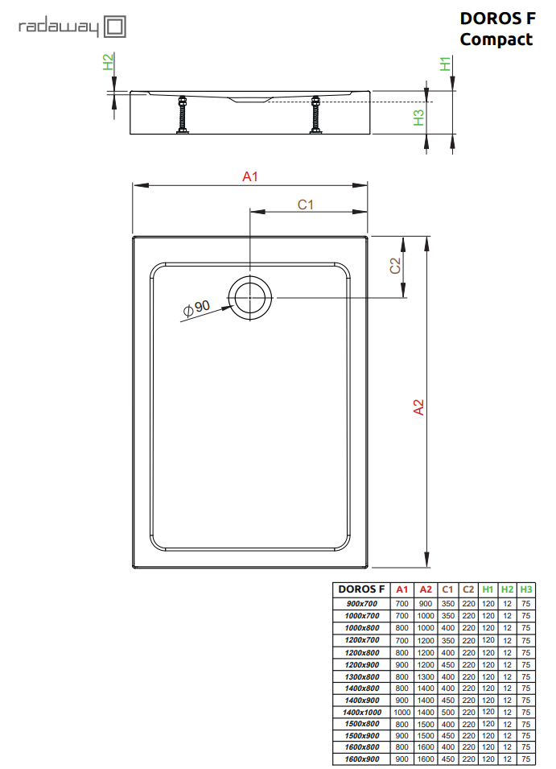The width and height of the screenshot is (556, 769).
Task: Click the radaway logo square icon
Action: click(x=115, y=27)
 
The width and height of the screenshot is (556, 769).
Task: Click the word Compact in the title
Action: click(x=496, y=39)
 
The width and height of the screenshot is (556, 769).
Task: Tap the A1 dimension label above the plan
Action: click(x=249, y=176)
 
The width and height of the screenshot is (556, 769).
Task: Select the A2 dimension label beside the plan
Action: click(x=418, y=407)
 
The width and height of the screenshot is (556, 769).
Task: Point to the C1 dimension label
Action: click(x=305, y=205)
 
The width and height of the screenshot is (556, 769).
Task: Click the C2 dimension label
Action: click(x=395, y=266)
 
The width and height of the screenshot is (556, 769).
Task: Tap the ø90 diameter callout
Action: click(x=196, y=308)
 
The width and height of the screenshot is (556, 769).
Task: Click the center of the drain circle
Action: click(x=249, y=298)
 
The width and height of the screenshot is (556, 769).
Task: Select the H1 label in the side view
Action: click(x=445, y=64)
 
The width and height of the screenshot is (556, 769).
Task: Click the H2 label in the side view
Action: click(x=108, y=62)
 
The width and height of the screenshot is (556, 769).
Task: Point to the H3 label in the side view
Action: click(x=418, y=118)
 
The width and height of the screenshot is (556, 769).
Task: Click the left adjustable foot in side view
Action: click(x=183, y=114)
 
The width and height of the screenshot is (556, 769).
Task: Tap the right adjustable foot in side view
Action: click(x=315, y=114)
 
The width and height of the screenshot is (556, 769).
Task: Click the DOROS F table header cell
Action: click(x=361, y=589)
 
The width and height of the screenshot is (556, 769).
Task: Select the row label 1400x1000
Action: click(x=362, y=712)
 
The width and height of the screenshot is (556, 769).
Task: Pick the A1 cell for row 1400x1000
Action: click(x=402, y=712)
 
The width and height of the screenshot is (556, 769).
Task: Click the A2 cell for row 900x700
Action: click(x=426, y=604)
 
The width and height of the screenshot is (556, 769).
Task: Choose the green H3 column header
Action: click(x=525, y=589)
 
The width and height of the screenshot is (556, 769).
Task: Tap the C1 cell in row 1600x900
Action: click(x=447, y=759)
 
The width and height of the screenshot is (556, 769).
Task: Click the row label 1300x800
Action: click(x=362, y=676)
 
